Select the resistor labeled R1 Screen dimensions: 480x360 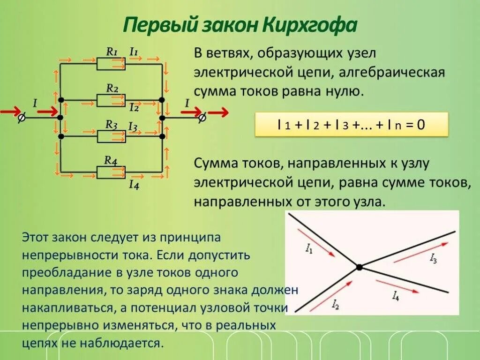(x=111, y=64)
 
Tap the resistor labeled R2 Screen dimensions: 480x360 (x=111, y=100)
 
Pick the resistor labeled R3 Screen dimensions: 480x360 (x=111, y=136)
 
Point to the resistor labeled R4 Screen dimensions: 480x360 (x=111, y=172)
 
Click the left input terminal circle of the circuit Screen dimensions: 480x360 (x=21, y=118)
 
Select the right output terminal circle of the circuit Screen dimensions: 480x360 (x=202, y=118)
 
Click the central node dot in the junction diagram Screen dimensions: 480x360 (x=359, y=267)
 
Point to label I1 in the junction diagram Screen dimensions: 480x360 (x=309, y=250)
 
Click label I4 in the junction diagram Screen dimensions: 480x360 (x=396, y=295)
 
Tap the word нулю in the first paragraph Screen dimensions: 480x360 (x=345, y=90)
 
